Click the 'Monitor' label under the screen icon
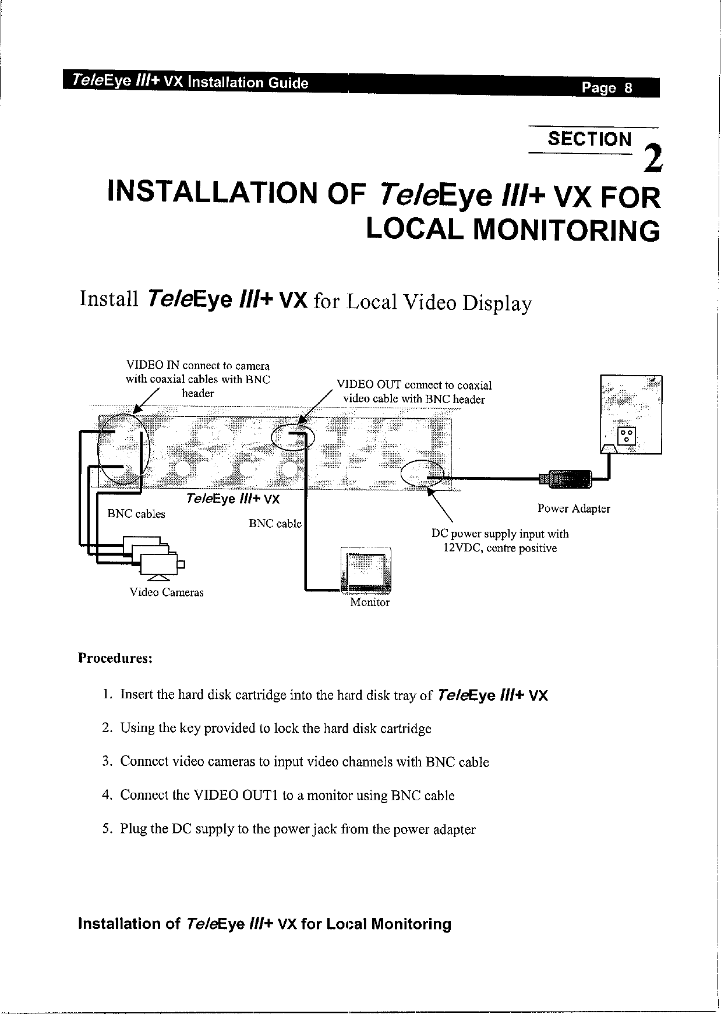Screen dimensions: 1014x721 coord(369,602)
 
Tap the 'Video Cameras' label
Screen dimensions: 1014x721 coord(167,593)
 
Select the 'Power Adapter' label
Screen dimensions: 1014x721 coord(574,508)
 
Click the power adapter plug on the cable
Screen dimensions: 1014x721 coord(566,479)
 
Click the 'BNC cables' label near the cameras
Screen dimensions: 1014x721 coord(136,514)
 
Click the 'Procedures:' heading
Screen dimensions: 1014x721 coord(115,658)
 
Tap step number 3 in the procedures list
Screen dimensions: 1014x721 coord(106,762)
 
